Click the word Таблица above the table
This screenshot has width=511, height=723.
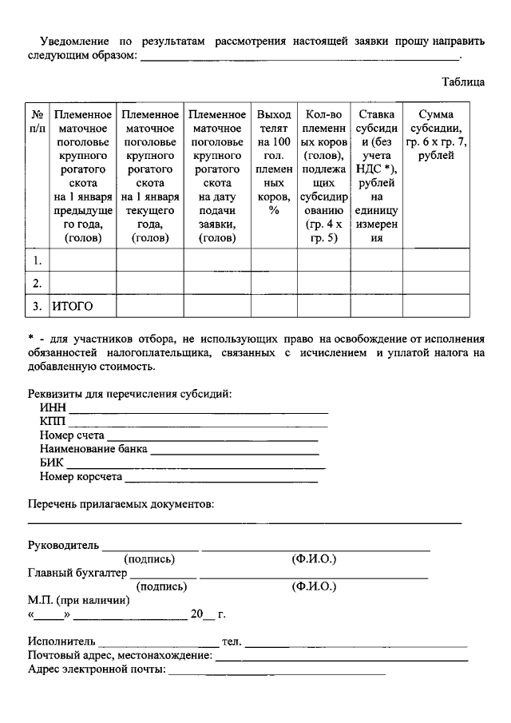click(x=463, y=81)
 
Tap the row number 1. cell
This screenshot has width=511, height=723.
click(x=38, y=260)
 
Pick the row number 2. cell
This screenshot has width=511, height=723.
click(x=38, y=283)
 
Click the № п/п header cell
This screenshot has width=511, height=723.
click(x=38, y=121)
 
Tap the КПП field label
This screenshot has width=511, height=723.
click(x=53, y=422)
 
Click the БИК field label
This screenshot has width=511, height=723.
click(x=52, y=463)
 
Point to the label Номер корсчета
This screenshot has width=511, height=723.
click(x=81, y=477)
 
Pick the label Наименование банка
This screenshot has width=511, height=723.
click(x=93, y=449)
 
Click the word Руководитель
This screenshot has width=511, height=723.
click(x=63, y=546)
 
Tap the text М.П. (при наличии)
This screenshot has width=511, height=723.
click(x=78, y=600)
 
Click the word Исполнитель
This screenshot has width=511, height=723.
click(x=61, y=642)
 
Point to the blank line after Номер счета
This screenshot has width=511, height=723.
click(x=212, y=436)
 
